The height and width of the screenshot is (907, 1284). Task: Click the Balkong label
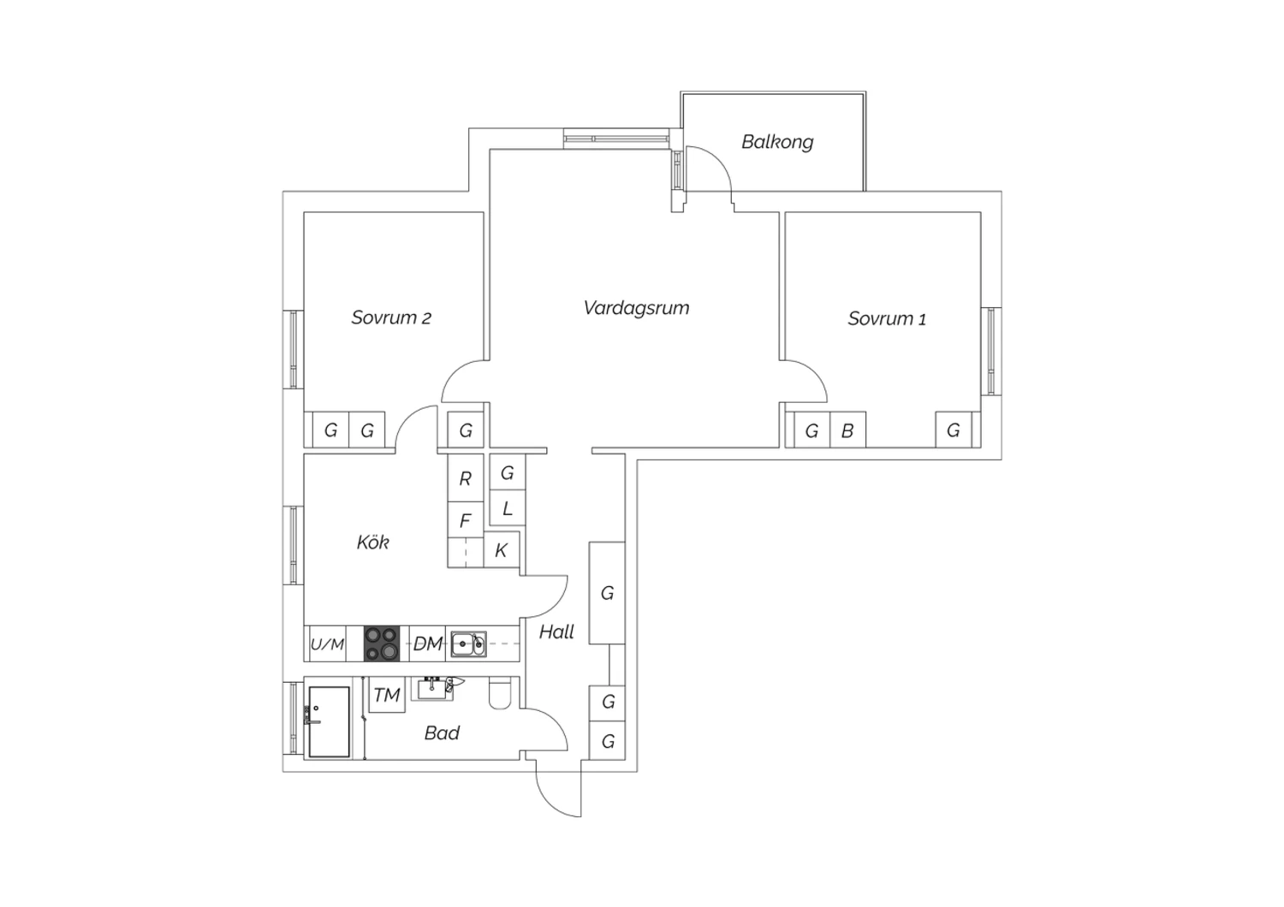pyautogui.click(x=777, y=142)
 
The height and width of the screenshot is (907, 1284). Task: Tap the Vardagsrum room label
pyautogui.click(x=636, y=308)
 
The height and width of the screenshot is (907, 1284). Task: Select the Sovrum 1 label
pyautogui.click(x=887, y=318)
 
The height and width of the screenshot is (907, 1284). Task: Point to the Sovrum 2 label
pyautogui.click(x=391, y=317)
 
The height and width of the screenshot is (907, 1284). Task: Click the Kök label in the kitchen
pyautogui.click(x=372, y=542)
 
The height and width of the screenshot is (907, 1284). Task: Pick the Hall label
pyautogui.click(x=556, y=631)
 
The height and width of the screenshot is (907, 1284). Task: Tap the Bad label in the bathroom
pyautogui.click(x=442, y=732)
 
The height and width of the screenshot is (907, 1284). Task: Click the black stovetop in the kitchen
pyautogui.click(x=382, y=643)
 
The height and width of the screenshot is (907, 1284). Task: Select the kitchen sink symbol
pyautogui.click(x=468, y=644)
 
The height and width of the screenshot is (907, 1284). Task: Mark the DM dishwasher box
pyautogui.click(x=428, y=643)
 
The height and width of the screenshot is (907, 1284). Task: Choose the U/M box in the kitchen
pyautogui.click(x=327, y=644)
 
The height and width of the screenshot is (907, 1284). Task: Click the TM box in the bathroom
pyautogui.click(x=387, y=695)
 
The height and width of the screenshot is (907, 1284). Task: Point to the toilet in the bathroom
pyautogui.click(x=500, y=693)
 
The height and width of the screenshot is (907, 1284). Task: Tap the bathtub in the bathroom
pyautogui.click(x=329, y=722)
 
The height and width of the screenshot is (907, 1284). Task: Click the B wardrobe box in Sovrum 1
pyautogui.click(x=847, y=430)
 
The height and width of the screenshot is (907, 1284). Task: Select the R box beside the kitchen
pyautogui.click(x=466, y=477)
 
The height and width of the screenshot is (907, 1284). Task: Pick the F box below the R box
pyautogui.click(x=466, y=520)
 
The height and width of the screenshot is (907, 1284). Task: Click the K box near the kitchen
pyautogui.click(x=502, y=549)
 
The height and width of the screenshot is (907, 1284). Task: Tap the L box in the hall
pyautogui.click(x=508, y=507)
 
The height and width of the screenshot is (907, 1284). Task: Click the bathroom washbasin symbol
pyautogui.click(x=438, y=688)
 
